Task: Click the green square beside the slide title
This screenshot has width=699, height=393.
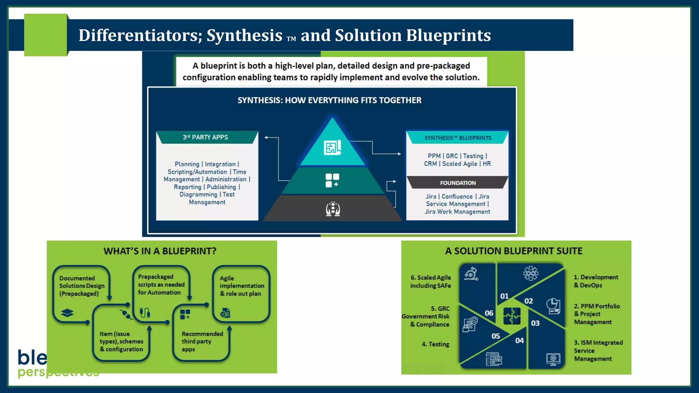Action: [46, 35]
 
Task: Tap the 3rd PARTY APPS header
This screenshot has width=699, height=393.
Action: [205, 137]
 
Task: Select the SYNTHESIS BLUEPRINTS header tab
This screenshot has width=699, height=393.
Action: [458, 138]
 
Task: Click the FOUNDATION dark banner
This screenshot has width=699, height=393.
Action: [458, 183]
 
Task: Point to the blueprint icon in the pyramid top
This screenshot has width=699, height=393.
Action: [332, 148]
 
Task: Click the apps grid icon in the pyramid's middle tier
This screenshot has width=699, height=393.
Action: [332, 180]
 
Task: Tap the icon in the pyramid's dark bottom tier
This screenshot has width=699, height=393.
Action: [333, 209]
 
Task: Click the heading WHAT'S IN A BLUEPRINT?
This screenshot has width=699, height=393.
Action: [160, 251]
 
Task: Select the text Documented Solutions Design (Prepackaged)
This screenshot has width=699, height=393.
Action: [82, 286]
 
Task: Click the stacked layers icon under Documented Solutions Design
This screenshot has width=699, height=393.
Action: [67, 313]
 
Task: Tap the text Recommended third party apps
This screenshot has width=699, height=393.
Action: [202, 341]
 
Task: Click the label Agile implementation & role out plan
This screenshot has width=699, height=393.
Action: [242, 286]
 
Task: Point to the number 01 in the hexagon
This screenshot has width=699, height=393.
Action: [504, 296]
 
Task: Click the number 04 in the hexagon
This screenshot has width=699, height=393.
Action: [519, 340]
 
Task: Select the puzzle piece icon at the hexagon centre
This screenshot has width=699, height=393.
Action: [512, 316]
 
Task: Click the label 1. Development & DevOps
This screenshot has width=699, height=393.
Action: [596, 281]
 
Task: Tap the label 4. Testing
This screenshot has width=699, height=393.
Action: [435, 344]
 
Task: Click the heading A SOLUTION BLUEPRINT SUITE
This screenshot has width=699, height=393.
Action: [514, 251]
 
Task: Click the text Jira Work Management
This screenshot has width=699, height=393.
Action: [457, 212]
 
